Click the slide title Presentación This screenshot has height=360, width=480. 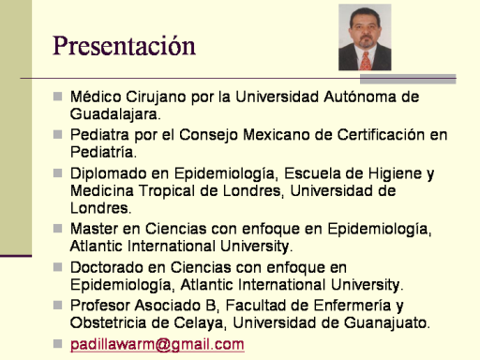coord(124,46)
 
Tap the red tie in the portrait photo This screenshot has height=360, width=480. coord(366,61)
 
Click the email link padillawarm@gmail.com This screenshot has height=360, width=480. coord(157,344)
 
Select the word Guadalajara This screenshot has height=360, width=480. coord(115,113)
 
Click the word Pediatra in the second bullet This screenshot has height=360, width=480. coord(99,135)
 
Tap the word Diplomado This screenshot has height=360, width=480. coord(109,173)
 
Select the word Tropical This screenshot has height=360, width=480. coord(167,191)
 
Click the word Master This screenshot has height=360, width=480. coord(94,229)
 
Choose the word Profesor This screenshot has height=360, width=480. coord(100,306)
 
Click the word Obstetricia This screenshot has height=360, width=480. coord(108,322)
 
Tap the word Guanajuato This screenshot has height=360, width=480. coord(387,322)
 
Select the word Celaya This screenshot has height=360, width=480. coord(199,323)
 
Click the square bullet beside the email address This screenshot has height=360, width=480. coord(58,344)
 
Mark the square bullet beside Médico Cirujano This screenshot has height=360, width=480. coord(58,97)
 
